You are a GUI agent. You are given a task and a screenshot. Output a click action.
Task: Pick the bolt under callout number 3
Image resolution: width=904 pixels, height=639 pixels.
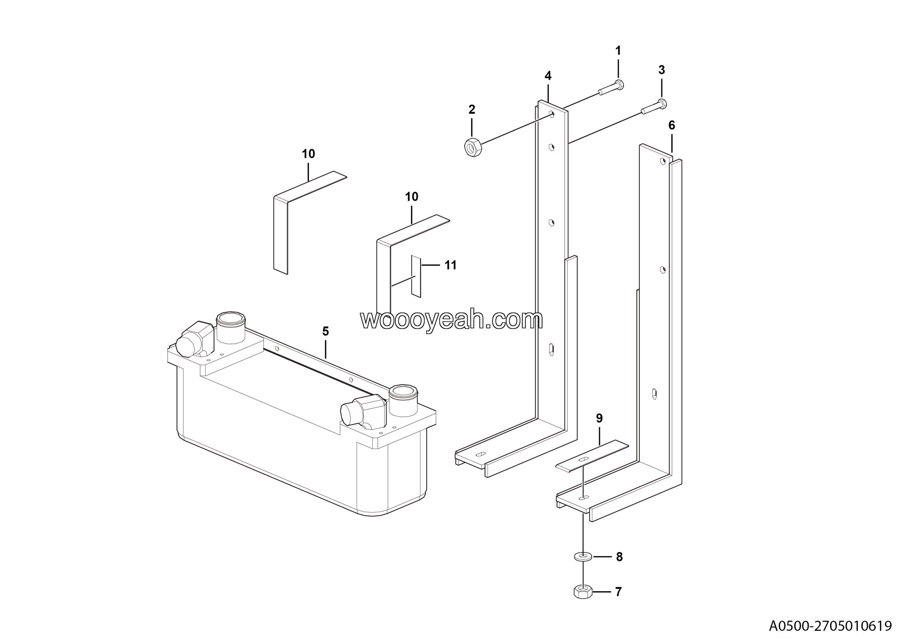(654, 107)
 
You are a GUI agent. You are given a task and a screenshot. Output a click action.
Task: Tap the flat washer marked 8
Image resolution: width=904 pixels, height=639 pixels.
(583, 556)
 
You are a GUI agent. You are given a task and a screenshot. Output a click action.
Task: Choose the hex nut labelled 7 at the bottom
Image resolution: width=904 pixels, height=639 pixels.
(583, 592)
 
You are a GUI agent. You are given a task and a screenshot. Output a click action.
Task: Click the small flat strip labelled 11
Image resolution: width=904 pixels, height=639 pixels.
(416, 276)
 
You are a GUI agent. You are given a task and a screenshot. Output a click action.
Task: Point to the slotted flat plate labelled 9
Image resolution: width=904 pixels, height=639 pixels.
(592, 456)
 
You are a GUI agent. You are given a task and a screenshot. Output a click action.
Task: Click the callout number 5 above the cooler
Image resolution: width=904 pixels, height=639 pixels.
(325, 331)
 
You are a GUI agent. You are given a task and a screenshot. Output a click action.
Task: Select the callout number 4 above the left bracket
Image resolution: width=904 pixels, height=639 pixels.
(548, 76)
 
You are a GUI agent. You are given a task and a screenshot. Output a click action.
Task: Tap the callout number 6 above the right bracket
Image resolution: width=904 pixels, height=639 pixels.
(672, 125)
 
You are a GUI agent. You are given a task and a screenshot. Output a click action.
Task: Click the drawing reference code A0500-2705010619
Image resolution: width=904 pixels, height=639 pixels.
(830, 626)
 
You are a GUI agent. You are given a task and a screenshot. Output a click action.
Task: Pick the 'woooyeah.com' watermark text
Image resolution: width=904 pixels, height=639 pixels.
(452, 319)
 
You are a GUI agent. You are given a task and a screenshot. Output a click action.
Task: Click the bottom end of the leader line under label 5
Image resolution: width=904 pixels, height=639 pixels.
(326, 358)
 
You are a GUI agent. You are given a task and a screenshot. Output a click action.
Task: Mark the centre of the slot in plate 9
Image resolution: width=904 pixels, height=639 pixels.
(583, 458)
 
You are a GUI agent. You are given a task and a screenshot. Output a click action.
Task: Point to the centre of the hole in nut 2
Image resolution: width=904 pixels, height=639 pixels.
(470, 148)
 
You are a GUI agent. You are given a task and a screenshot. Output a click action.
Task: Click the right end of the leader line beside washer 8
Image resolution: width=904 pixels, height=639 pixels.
(612, 557)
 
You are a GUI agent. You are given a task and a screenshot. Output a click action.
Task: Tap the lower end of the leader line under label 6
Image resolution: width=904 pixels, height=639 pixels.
(672, 152)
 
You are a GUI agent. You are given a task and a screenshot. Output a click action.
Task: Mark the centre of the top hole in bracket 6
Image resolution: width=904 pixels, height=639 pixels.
(663, 161)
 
